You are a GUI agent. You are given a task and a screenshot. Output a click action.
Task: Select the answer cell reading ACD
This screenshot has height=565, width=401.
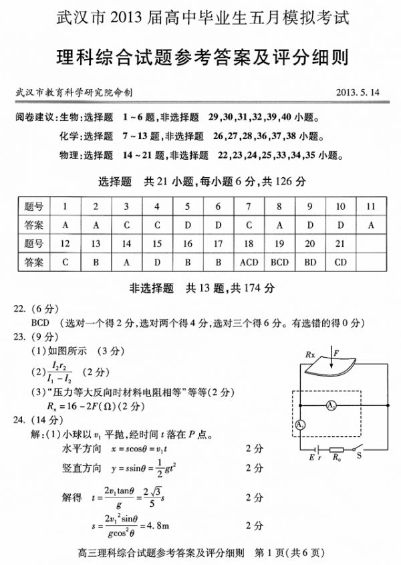tap(249, 262)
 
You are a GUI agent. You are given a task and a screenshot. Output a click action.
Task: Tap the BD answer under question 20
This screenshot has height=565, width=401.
tap(310, 262)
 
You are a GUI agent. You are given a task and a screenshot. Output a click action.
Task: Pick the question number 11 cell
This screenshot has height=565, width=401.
tap(372, 207)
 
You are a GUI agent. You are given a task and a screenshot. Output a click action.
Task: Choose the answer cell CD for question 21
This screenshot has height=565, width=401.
tap(341, 262)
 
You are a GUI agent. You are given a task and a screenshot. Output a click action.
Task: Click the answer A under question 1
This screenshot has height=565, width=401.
tap(65, 225)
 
